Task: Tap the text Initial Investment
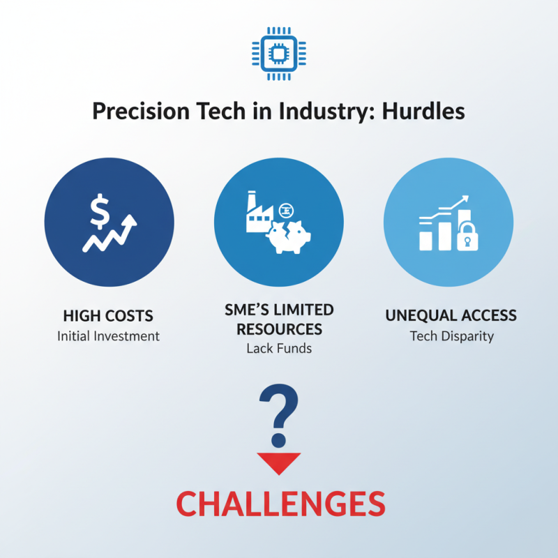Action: coord(108,336)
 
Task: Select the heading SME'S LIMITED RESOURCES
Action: coord(279,319)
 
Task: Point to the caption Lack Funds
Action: coord(278,348)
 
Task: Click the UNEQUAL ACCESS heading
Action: coord(451,315)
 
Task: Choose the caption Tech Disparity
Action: coord(451,336)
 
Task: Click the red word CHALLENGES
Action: coord(280,504)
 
